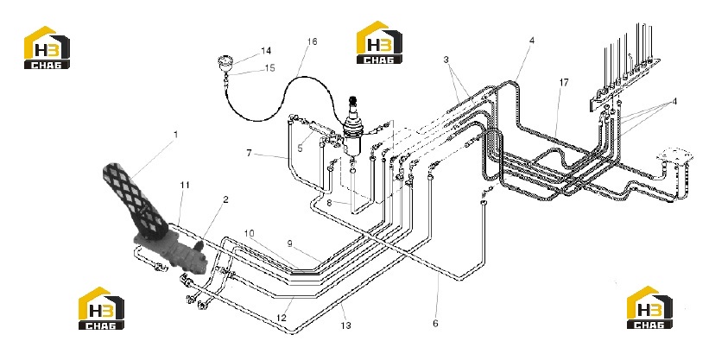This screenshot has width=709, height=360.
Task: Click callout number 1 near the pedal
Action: (x=176, y=135)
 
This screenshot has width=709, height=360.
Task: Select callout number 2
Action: (x=225, y=199)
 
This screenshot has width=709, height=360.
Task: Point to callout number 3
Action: (x=446, y=60)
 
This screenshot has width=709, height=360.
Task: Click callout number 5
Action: (x=300, y=148)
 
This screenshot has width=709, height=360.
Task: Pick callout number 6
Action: (x=435, y=324)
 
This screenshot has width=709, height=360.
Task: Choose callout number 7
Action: (x=250, y=154)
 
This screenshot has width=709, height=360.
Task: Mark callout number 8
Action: (x=329, y=203)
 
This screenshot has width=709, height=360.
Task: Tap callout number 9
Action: (x=290, y=243)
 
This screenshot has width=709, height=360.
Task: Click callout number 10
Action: (x=250, y=233)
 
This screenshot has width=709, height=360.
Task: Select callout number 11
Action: (x=185, y=185)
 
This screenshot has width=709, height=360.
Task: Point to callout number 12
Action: (x=282, y=318)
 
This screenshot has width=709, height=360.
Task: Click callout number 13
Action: (x=346, y=325)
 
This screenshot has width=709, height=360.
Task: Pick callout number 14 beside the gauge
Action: (x=266, y=51)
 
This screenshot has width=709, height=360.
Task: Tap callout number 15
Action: (x=269, y=68)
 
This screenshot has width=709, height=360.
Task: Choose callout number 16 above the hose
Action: (x=312, y=41)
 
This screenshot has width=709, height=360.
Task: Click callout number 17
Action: (x=564, y=83)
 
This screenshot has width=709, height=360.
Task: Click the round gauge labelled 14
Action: (x=225, y=62)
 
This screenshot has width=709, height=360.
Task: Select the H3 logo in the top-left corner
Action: (x=47, y=47)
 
